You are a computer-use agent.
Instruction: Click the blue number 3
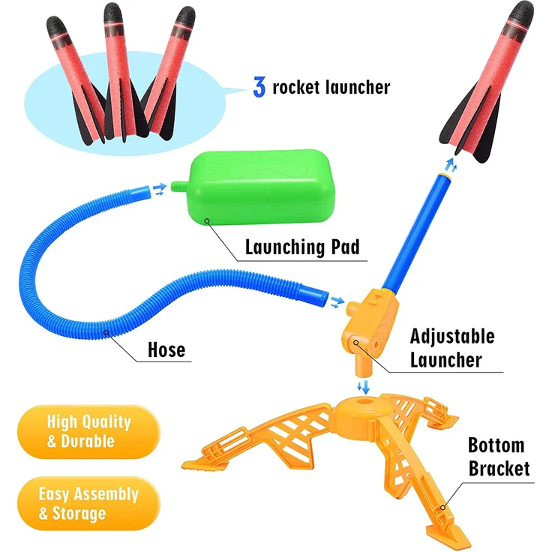point(259,87)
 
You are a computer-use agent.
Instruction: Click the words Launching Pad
point(302,247)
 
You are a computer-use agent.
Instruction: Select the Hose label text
point(166,350)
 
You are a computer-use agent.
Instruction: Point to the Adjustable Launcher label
point(452,349)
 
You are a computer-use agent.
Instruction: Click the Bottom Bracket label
point(499,457)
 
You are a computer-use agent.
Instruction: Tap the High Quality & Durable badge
point(88,431)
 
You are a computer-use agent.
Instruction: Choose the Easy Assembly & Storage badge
point(88,503)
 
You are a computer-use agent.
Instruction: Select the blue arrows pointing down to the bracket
point(364,387)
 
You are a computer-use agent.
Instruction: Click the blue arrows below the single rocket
point(451,165)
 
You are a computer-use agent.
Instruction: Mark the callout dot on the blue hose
point(106,332)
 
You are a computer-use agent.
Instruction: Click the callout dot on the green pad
point(207,220)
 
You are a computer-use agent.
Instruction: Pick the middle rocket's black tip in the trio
point(113,14)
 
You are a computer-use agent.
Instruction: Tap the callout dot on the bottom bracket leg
point(442,507)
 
